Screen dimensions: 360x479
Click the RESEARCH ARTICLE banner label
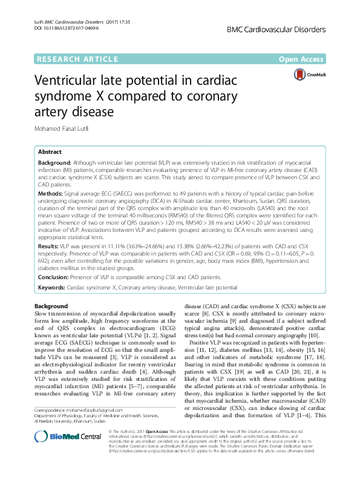coord(77,59)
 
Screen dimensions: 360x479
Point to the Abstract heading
coord(50,153)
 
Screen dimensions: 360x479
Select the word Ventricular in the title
coord(73,82)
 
